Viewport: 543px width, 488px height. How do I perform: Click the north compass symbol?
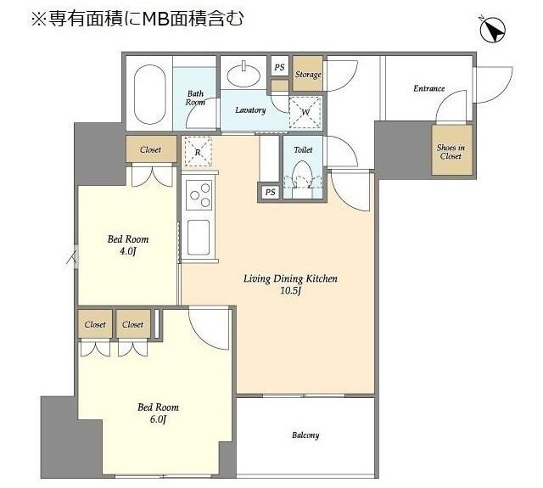coord(492,31)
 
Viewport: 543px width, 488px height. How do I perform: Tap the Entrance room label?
coord(428,88)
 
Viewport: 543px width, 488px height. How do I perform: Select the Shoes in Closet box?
coord(450,151)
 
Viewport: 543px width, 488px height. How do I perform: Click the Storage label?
coord(308,75)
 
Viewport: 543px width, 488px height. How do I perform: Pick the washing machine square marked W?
coord(305,110)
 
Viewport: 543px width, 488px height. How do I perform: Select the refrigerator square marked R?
coord(198,153)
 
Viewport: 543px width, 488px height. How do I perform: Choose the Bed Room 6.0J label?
coord(159,413)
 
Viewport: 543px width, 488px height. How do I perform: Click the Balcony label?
coord(305,435)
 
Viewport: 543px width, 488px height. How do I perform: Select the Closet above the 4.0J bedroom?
coord(150,150)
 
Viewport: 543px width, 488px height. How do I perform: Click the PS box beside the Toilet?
coord(270,193)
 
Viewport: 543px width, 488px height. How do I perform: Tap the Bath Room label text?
coord(196,98)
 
